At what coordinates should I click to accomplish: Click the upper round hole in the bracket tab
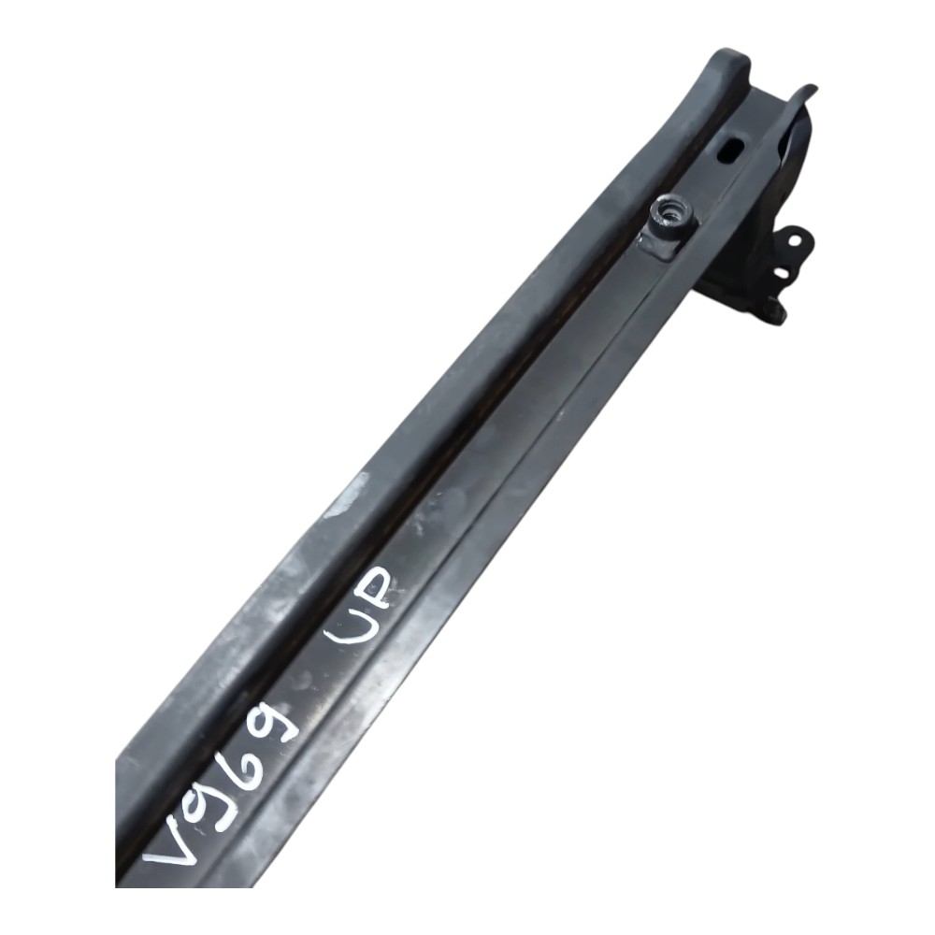coord(795,240)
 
